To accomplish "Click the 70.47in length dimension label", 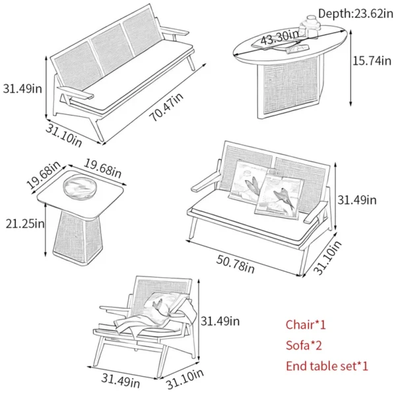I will coord(166,106).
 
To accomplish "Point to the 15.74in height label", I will coord(373,60).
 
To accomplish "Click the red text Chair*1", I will coord(306,324).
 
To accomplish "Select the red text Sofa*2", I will coord(304,345).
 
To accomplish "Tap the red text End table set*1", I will coord(327,366).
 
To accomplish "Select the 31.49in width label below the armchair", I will coord(121,381).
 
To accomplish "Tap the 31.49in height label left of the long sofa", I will coord(22,87).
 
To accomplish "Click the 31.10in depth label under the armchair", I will coord(184,381).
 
